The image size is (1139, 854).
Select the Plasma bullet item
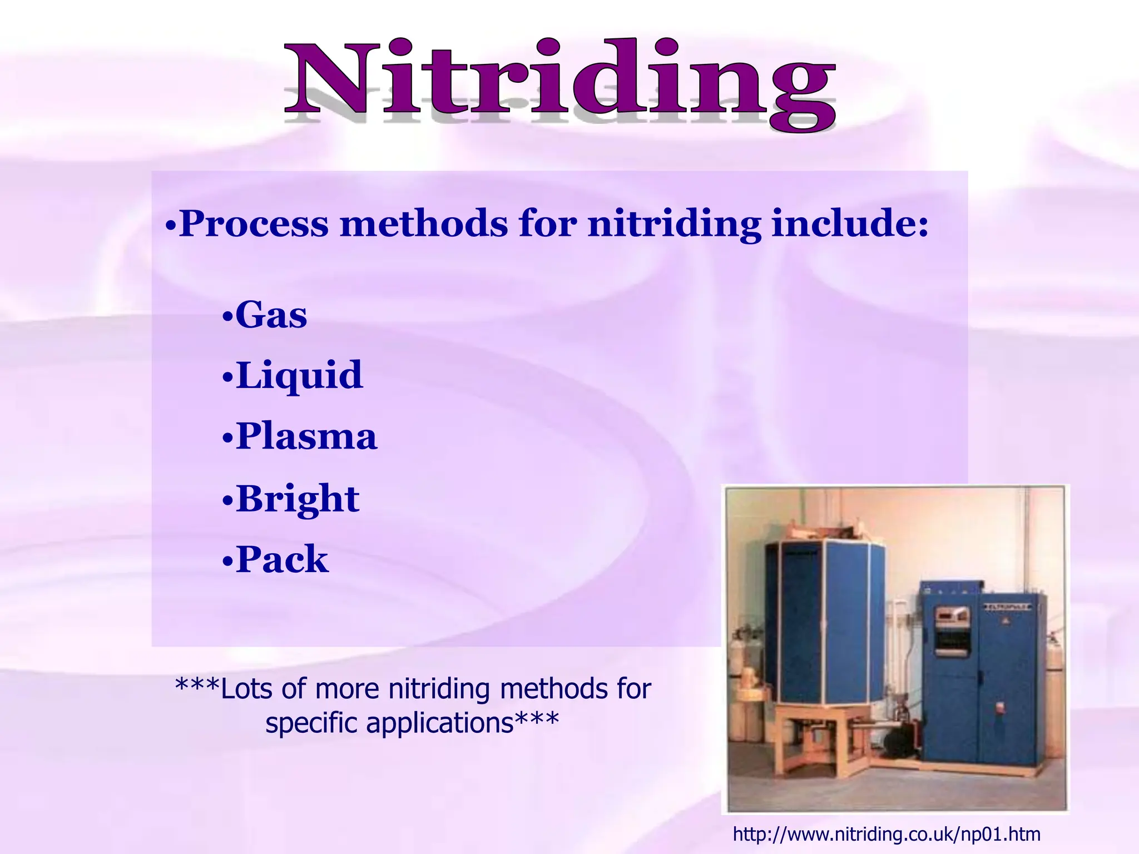click(x=306, y=437)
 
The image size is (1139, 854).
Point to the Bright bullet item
click(x=298, y=499)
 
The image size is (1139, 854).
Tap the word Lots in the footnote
click(x=245, y=689)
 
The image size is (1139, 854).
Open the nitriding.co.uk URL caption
click(x=887, y=834)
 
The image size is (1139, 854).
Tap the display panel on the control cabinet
click(x=953, y=615)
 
